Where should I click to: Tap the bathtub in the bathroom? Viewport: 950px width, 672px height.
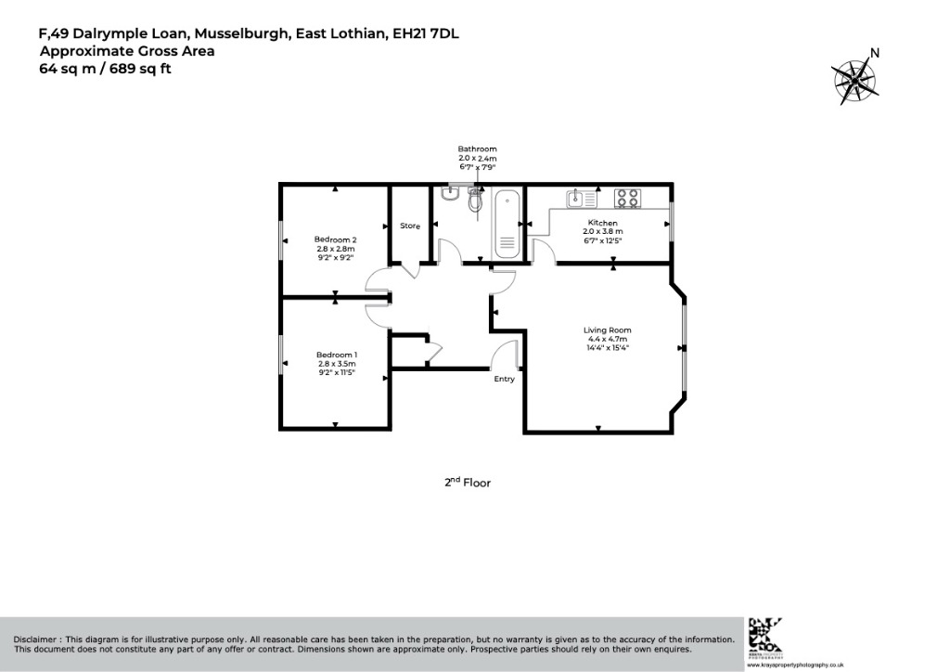(x=507, y=225)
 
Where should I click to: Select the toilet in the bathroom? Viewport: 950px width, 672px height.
(x=476, y=199)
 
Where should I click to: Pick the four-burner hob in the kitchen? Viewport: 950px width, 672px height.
(x=627, y=198)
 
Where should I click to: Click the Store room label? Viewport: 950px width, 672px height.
(x=410, y=226)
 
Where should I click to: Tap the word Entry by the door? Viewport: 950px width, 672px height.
(x=504, y=379)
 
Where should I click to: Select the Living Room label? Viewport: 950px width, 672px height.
(x=607, y=330)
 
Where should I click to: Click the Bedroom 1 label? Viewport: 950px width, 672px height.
(x=336, y=355)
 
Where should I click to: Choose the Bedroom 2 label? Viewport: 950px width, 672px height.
(x=336, y=239)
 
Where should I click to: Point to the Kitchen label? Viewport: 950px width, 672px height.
(x=602, y=223)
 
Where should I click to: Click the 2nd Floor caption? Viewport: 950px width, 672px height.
(x=467, y=483)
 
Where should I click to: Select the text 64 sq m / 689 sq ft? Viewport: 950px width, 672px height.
(x=105, y=68)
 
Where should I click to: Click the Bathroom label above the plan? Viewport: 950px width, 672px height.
(x=477, y=149)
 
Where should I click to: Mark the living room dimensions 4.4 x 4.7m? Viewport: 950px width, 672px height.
(x=607, y=340)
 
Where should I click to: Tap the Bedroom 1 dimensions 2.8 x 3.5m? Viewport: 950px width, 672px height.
(x=336, y=366)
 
